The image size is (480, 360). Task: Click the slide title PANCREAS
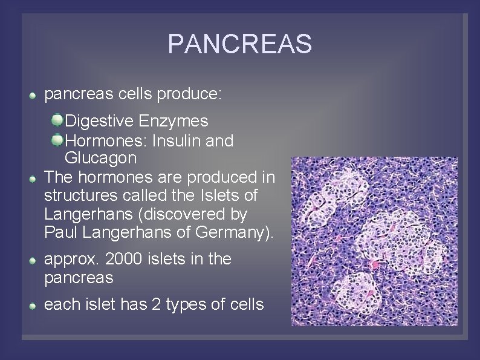pos(239,44)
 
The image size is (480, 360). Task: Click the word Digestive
pos(100,121)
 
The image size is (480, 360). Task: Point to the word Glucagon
pos(100,159)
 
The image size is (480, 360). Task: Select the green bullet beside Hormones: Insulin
pos(57,140)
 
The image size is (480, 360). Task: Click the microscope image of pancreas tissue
pos(374,241)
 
